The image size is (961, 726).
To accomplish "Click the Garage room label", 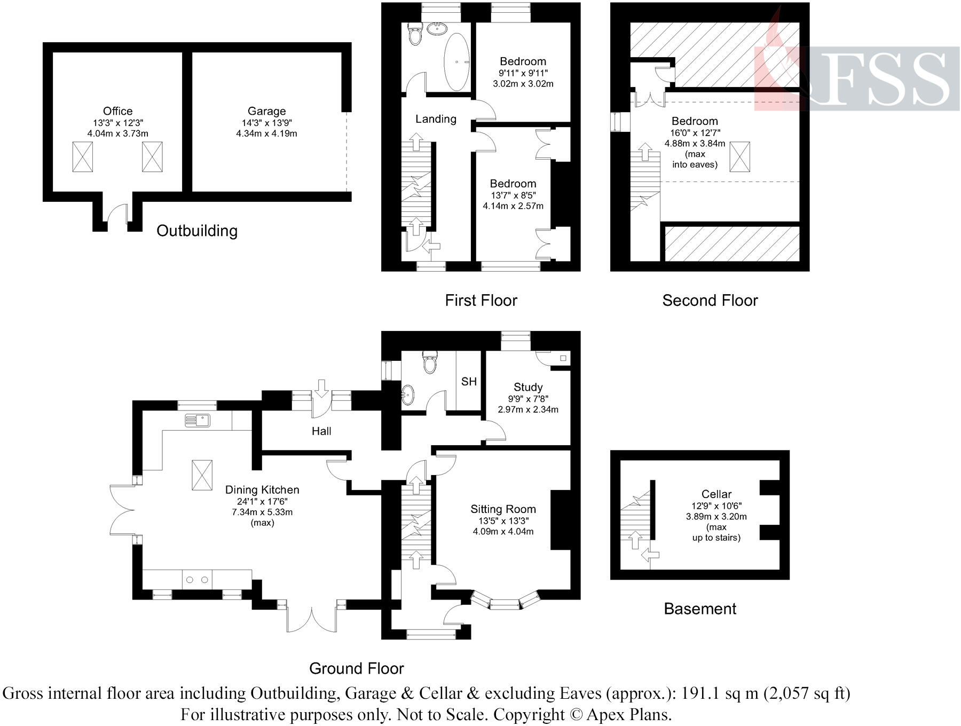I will (x=266, y=111).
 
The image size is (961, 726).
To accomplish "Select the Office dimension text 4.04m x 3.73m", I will (x=117, y=133).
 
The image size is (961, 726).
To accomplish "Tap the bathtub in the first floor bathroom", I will (x=457, y=62).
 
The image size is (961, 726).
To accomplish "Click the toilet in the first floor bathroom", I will (x=414, y=35).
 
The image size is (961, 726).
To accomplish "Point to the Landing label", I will (x=436, y=119).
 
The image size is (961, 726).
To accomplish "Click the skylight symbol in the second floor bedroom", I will (x=739, y=156).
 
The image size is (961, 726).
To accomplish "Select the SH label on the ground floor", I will (x=469, y=382).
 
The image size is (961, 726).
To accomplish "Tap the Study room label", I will (x=528, y=387).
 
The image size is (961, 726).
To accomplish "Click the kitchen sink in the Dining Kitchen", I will (x=198, y=420).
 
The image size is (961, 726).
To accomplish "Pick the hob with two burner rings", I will (x=198, y=579).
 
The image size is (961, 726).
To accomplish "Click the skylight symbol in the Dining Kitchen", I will (x=202, y=475).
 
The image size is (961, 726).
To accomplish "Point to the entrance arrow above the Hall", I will (x=321, y=388).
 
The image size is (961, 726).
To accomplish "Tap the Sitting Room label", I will (x=503, y=509).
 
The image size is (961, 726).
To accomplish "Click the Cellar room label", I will (x=716, y=494).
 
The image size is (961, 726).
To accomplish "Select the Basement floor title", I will (x=699, y=609).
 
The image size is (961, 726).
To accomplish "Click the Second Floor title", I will (x=710, y=301).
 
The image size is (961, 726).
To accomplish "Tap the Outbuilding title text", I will (x=196, y=231).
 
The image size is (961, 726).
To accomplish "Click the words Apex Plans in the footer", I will (x=629, y=714).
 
